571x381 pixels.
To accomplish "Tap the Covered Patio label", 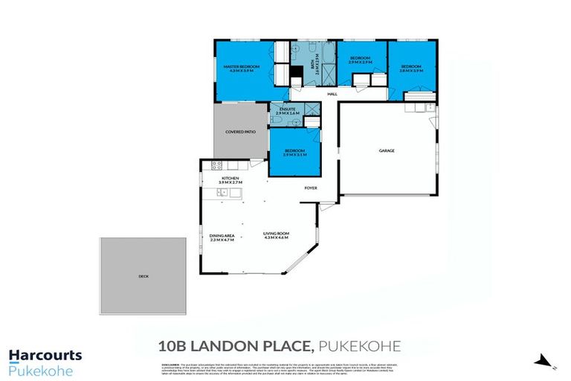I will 240,132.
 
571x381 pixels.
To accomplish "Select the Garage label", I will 387,150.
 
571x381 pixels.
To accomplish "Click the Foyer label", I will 310,188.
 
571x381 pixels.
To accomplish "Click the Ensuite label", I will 287,110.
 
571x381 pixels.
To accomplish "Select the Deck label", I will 143,275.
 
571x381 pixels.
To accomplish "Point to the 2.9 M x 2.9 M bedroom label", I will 360,60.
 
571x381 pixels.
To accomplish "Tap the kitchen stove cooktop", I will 218,166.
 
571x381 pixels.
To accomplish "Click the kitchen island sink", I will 222,193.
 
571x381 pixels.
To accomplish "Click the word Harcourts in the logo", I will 45,356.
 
